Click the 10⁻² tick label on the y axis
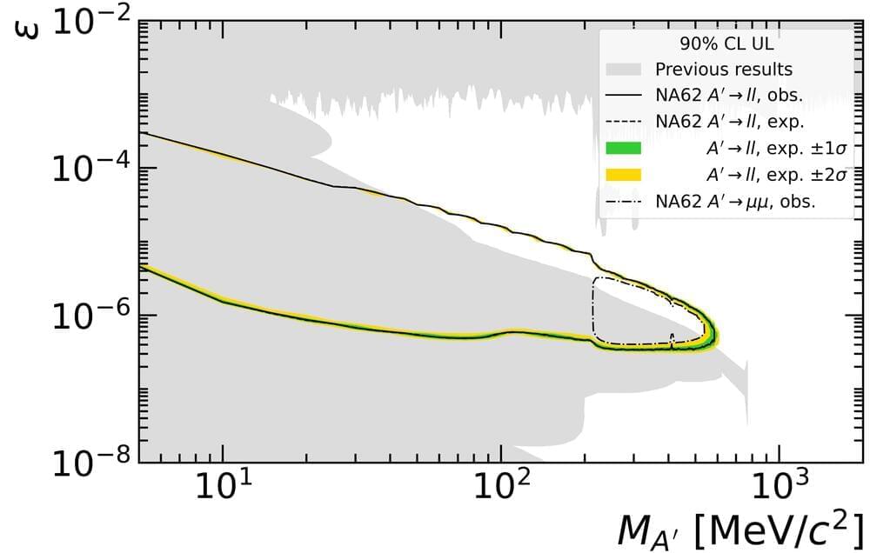click(x=91, y=22)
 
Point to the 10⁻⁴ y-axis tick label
click(x=91, y=169)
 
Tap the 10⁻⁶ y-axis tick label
click(x=91, y=316)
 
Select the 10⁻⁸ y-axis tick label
click(x=91, y=462)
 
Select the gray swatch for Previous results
click(x=623, y=69)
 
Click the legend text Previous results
click(x=724, y=69)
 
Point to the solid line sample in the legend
click(x=623, y=95)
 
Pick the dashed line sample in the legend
click(x=623, y=122)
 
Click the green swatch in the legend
click(x=623, y=148)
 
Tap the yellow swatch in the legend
click(x=623, y=175)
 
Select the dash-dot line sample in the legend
click(x=623, y=201)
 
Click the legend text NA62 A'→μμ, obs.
click(x=740, y=201)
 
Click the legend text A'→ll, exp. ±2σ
click(x=766, y=175)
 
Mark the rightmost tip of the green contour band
click(x=714, y=332)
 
